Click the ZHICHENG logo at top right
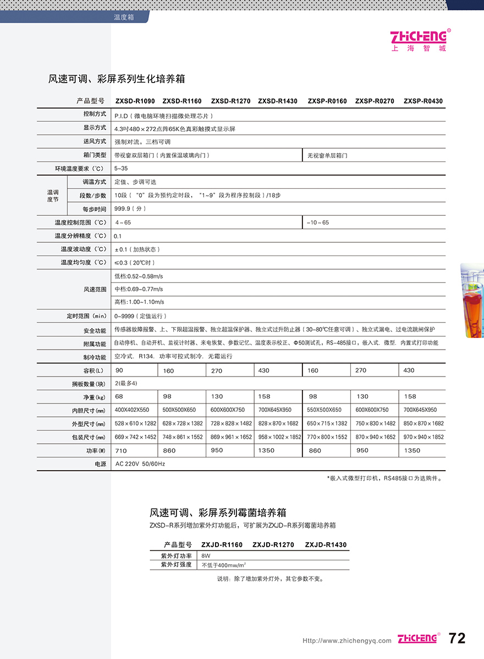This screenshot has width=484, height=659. (x=419, y=39)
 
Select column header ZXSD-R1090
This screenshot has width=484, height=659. (x=135, y=101)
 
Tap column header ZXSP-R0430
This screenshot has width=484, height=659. (x=423, y=101)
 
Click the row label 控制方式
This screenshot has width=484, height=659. (x=95, y=114)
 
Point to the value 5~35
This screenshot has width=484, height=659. (x=121, y=168)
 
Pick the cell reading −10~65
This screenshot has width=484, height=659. (x=318, y=222)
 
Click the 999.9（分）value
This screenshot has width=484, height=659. (x=130, y=209)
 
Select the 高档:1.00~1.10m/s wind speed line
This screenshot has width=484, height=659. (x=139, y=302)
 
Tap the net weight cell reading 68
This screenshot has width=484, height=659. (x=119, y=396)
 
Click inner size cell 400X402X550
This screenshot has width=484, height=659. (x=132, y=410)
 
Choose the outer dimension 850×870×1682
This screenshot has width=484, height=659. (x=424, y=423)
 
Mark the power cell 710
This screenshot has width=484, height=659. (x=121, y=450)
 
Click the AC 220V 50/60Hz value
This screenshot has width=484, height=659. (x=140, y=464)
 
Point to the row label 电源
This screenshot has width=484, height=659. (x=100, y=464)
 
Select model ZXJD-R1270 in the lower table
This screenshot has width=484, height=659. (x=273, y=545)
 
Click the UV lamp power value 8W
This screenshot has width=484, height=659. (x=206, y=556)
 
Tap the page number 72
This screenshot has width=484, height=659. (x=457, y=639)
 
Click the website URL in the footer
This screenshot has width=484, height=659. (x=347, y=640)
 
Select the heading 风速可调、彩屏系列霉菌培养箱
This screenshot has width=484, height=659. (x=218, y=513)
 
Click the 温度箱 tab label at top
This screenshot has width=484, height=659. (x=124, y=18)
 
